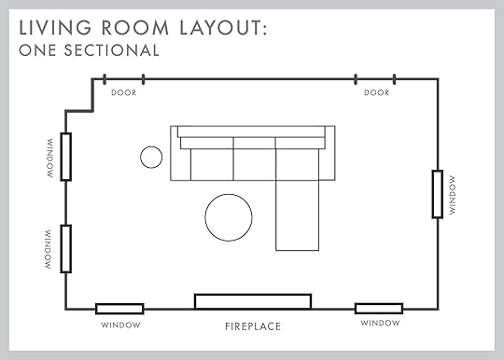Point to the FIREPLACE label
(x=253, y=326)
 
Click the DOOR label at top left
(x=124, y=93)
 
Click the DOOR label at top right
(x=376, y=93)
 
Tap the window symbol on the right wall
(x=437, y=194)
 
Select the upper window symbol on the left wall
(x=66, y=157)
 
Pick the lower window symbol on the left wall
(x=66, y=249)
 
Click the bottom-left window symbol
(x=119, y=309)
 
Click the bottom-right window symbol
(x=379, y=309)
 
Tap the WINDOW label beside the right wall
(x=453, y=195)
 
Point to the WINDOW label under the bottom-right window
(x=380, y=323)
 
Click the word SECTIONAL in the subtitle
(x=112, y=50)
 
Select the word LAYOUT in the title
(x=223, y=28)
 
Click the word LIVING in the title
(x=55, y=28)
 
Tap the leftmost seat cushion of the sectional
(x=212, y=164)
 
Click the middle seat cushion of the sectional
(x=254, y=164)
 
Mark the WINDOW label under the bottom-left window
(x=120, y=325)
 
